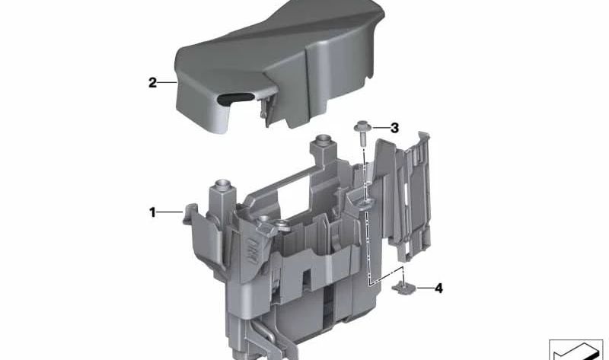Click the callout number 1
click(152, 212)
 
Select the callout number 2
click(153, 83)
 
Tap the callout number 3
click(394, 128)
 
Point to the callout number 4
click(438, 288)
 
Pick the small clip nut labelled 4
click(403, 288)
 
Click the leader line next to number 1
click(170, 212)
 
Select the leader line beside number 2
click(167, 82)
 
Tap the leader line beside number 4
click(424, 288)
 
